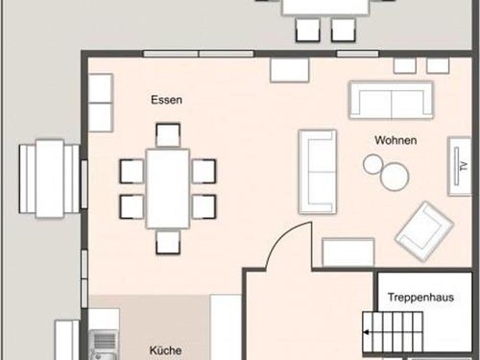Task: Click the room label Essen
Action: point(166,100)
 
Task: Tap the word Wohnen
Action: point(396,140)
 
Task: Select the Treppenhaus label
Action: point(420,298)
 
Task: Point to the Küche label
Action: point(165,350)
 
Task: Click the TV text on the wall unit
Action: point(464,166)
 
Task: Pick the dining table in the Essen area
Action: point(168,189)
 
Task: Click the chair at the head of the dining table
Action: point(168,135)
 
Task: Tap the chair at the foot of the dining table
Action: point(168,242)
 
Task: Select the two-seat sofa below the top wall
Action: point(391,100)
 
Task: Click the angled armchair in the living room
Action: point(424,231)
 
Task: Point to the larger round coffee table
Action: point(395,177)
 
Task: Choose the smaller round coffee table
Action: point(373,164)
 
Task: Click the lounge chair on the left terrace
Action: point(49,179)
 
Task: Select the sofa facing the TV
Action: point(318,172)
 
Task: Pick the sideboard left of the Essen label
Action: point(101,103)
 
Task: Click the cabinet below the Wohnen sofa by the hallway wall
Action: point(348,252)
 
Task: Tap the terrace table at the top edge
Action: point(325,7)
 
